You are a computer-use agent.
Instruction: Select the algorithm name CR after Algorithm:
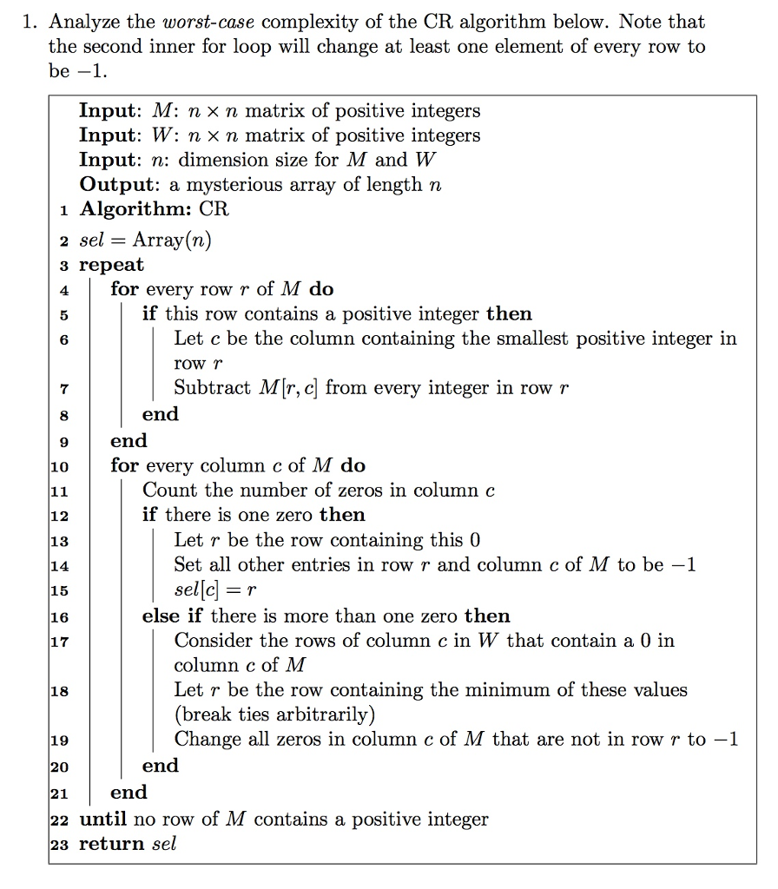click(214, 209)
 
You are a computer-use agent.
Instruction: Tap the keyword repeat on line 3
click(111, 265)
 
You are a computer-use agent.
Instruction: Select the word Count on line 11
click(168, 490)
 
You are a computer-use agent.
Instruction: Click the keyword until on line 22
click(103, 819)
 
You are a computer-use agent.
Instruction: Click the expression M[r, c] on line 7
click(289, 388)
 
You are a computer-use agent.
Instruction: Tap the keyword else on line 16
click(159, 616)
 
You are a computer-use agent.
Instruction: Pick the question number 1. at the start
click(31, 22)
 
